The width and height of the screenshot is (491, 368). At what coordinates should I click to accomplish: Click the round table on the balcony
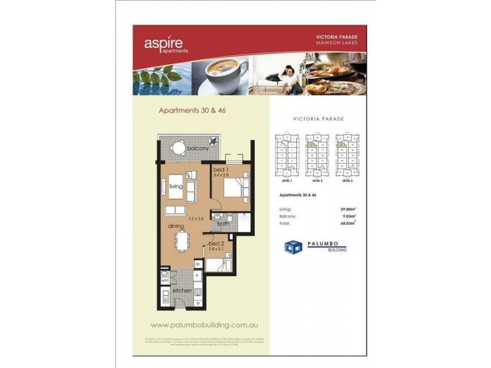pos(178,147)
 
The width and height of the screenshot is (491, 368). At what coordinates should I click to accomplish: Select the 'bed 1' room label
pos(220,169)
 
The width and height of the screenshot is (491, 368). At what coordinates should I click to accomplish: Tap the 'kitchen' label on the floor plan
pos(182,290)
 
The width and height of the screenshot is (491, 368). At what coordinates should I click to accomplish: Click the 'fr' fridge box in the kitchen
pos(198,277)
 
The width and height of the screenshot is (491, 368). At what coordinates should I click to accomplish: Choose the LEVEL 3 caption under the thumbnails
pos(347,181)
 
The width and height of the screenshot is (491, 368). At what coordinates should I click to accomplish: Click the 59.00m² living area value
pos(349,209)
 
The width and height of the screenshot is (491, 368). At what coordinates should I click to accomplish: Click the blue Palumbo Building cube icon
pos(293,247)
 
